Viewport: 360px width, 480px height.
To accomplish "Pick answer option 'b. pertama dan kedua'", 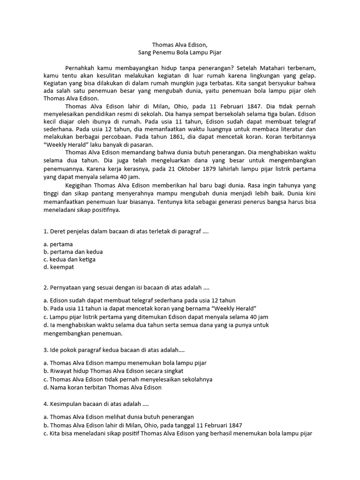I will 73,252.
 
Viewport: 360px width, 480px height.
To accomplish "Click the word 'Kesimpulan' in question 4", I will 67,404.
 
